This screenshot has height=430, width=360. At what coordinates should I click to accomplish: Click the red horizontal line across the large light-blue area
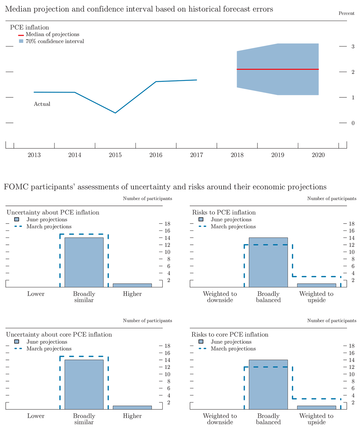point(270,69)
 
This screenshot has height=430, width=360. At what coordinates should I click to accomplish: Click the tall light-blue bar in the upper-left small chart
point(84,262)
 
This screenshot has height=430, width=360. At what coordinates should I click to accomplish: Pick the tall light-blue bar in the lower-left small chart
point(84,384)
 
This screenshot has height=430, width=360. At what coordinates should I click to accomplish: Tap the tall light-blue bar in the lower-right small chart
point(268,387)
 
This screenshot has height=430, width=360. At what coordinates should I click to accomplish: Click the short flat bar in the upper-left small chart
point(132,285)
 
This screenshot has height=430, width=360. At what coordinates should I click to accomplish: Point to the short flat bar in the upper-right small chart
point(316,285)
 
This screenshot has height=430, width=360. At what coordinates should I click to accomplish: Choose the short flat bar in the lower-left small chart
point(132,408)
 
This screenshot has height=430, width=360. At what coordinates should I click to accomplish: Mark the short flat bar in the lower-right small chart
point(316,408)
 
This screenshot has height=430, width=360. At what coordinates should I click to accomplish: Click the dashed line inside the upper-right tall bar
point(270,245)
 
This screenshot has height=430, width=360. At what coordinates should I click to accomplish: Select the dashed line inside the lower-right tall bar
point(270,367)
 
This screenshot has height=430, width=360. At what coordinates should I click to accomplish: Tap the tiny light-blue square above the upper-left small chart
point(17,219)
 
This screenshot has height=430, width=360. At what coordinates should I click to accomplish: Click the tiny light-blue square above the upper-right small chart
point(201,219)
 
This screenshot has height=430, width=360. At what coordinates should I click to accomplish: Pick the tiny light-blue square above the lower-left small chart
point(17,341)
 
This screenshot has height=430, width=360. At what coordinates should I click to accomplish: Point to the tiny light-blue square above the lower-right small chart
point(201,341)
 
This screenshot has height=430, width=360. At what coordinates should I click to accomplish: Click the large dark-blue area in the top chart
point(135,87)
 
